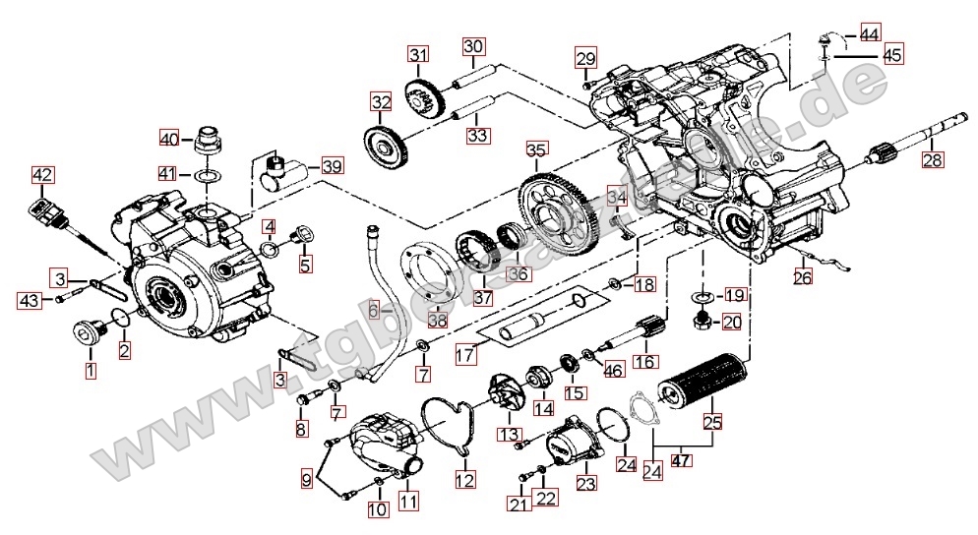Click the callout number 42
[x=42, y=175]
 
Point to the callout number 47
[x=680, y=460]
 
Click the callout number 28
[x=932, y=159]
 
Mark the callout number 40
[x=169, y=138]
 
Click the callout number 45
[x=892, y=56]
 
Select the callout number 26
[x=804, y=278]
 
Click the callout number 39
[x=333, y=166]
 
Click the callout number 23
[x=586, y=484]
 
